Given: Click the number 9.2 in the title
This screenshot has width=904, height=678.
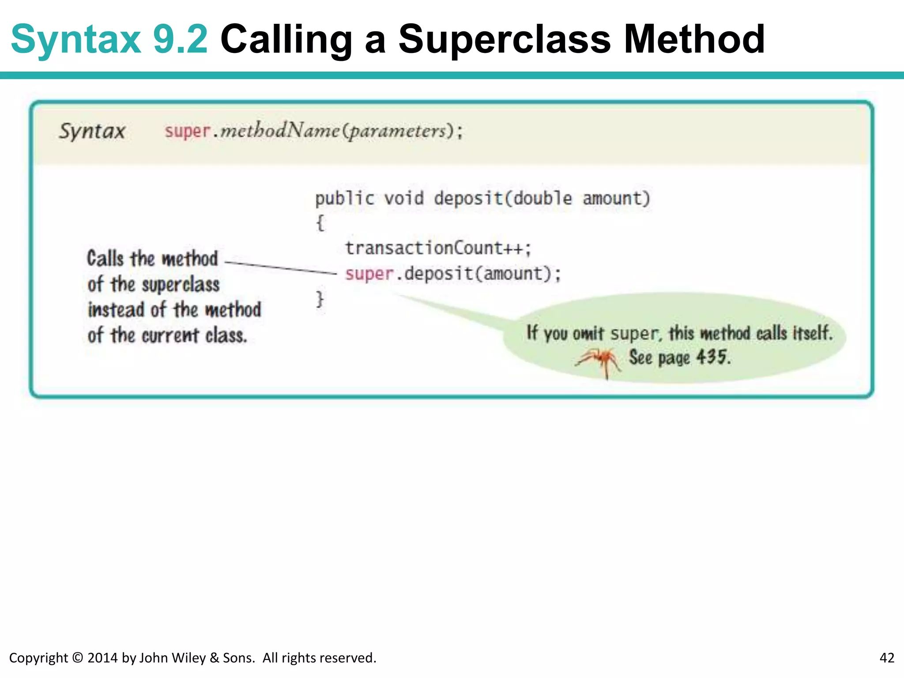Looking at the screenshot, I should tap(180, 40).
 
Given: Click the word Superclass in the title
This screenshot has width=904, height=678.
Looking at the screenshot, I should tap(505, 40).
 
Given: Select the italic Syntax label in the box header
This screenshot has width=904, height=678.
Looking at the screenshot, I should tap(92, 131).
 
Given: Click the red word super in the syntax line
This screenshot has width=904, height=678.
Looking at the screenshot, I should tap(187, 131).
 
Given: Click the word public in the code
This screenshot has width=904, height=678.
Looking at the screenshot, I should tap(344, 199).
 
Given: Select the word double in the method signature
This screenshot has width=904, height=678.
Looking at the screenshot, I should tap(542, 198).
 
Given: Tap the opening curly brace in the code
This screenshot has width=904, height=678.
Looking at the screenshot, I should tap(320, 223).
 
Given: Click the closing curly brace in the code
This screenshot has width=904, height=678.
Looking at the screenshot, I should tap(320, 299).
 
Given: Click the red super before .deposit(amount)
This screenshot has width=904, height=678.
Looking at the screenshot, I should tap(369, 274).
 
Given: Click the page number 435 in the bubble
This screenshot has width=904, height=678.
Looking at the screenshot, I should tap(712, 357).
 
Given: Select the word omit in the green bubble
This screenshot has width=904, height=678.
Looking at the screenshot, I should tap(588, 334).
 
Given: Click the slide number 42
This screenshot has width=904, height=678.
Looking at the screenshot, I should tap(887, 658).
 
